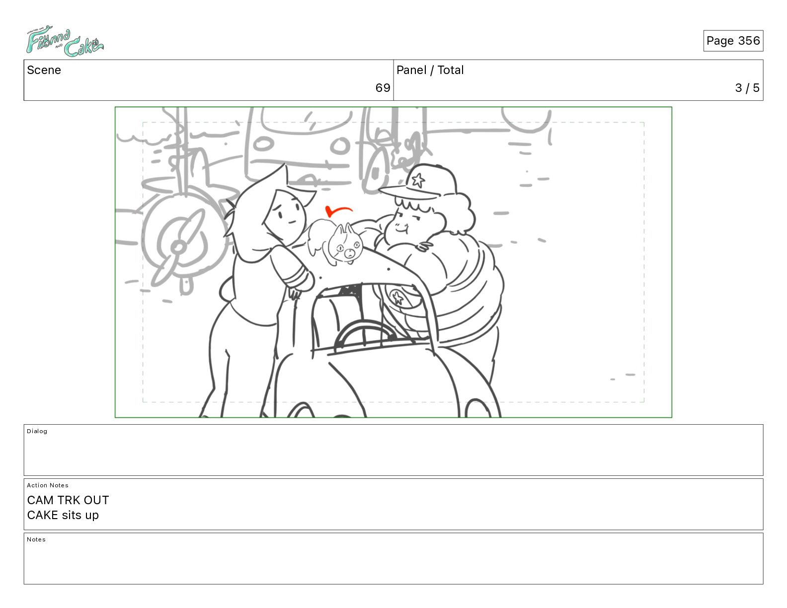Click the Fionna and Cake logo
tap(65, 41)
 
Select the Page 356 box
tap(733, 41)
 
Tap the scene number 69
tap(383, 88)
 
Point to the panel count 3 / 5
tap(747, 88)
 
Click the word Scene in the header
tap(44, 70)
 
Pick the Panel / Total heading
tap(430, 70)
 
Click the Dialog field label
tap(37, 431)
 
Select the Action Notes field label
tap(47, 485)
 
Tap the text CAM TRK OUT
tap(68, 500)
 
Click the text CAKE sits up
tap(63, 515)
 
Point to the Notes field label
tap(36, 539)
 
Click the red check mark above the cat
tap(337, 211)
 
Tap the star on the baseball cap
tap(418, 180)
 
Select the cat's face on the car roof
tap(345, 248)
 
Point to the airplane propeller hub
tap(178, 247)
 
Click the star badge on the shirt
tap(397, 298)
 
